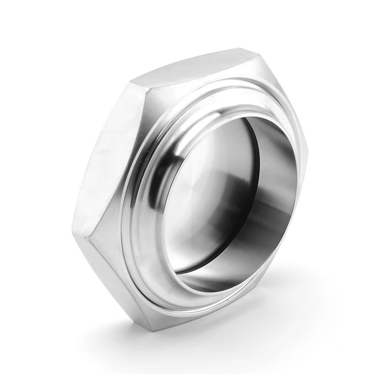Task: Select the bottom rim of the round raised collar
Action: point(196,299)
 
